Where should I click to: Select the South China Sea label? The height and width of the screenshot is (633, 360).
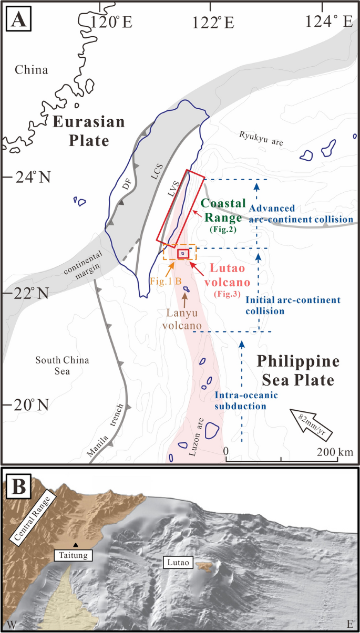pyautogui.click(x=62, y=366)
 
